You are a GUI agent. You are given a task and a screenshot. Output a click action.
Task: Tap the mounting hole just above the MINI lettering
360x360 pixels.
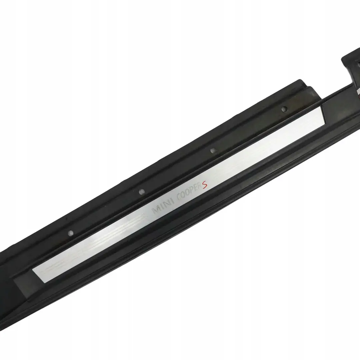[142, 192]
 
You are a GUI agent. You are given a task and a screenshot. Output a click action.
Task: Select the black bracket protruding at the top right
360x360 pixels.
[350, 60]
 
